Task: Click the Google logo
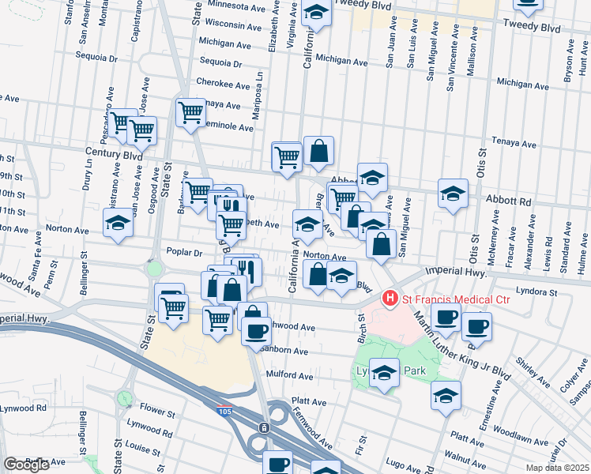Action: [x=26, y=465]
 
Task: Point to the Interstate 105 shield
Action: [x=225, y=409]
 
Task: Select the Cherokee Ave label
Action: [x=223, y=84]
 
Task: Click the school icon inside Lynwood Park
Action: [x=384, y=373]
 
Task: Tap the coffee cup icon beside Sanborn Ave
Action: [x=256, y=331]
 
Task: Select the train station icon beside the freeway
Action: [x=264, y=427]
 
